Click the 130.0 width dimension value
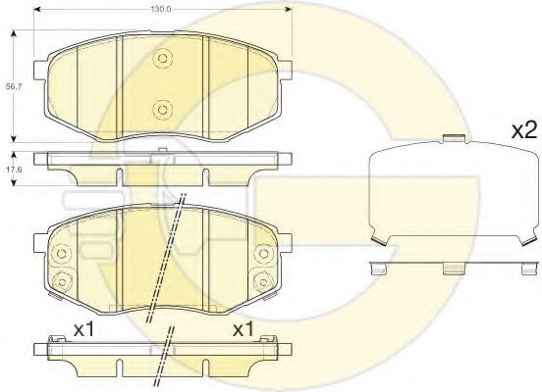(x=161, y=10)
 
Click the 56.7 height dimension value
(x=14, y=87)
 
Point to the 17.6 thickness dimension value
(x=14, y=170)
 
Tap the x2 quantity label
(x=524, y=130)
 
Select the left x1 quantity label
(x=84, y=329)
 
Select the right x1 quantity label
(x=244, y=329)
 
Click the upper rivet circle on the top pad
(x=162, y=58)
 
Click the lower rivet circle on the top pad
(x=162, y=110)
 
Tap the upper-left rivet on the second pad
(x=62, y=254)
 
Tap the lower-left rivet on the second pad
(x=62, y=282)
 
